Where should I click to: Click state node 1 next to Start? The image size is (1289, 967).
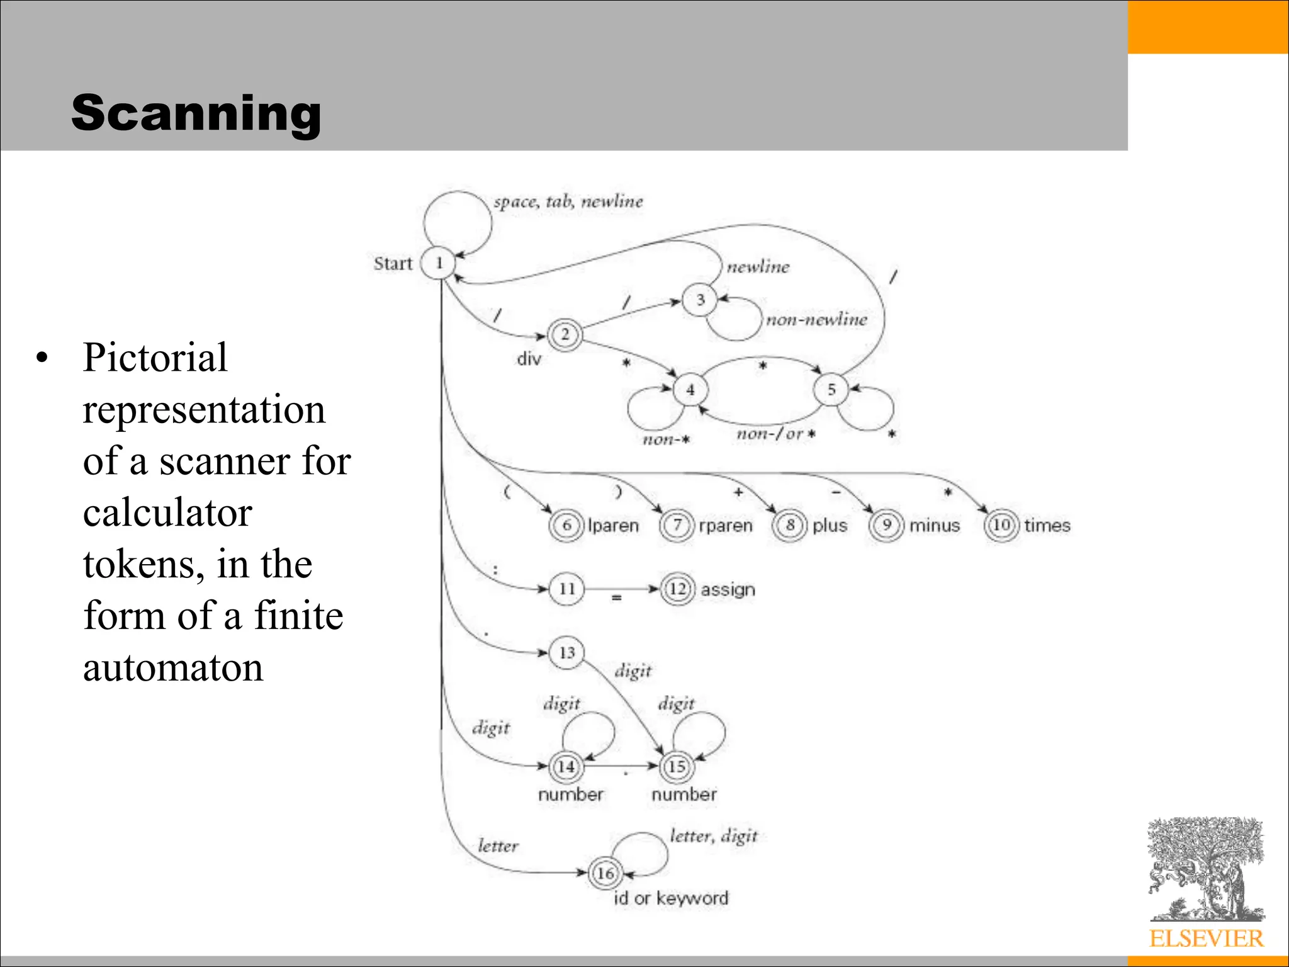pyautogui.click(x=439, y=263)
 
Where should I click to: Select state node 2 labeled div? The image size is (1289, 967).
pyautogui.click(x=565, y=334)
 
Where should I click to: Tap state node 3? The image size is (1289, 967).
pyautogui.click(x=700, y=300)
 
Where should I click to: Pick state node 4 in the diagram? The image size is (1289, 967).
pyautogui.click(x=690, y=390)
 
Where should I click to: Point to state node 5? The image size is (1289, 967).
pyautogui.click(x=831, y=390)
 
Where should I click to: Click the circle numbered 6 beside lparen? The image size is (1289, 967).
pyautogui.click(x=566, y=525)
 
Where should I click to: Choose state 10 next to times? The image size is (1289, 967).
pyautogui.click(x=1001, y=524)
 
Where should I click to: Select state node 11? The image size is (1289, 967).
pyautogui.click(x=566, y=589)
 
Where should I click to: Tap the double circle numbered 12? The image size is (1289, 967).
pyautogui.click(x=677, y=589)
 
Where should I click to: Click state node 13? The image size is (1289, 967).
pyautogui.click(x=566, y=652)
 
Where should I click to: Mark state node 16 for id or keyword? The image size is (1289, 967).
pyautogui.click(x=605, y=873)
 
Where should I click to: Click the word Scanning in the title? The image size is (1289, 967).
pyautogui.click(x=196, y=113)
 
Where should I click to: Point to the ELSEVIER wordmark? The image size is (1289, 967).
pyautogui.click(x=1206, y=939)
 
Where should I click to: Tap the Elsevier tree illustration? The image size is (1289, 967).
pyautogui.click(x=1206, y=869)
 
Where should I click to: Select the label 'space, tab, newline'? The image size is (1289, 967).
pyautogui.click(x=568, y=201)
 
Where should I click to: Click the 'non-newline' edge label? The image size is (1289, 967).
pyautogui.click(x=816, y=320)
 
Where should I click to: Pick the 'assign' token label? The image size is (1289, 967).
pyautogui.click(x=728, y=590)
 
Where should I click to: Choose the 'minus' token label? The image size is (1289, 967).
pyautogui.click(x=934, y=525)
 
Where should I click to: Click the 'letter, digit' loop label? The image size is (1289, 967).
pyautogui.click(x=713, y=836)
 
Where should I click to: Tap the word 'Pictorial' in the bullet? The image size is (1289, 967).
pyautogui.click(x=155, y=358)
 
